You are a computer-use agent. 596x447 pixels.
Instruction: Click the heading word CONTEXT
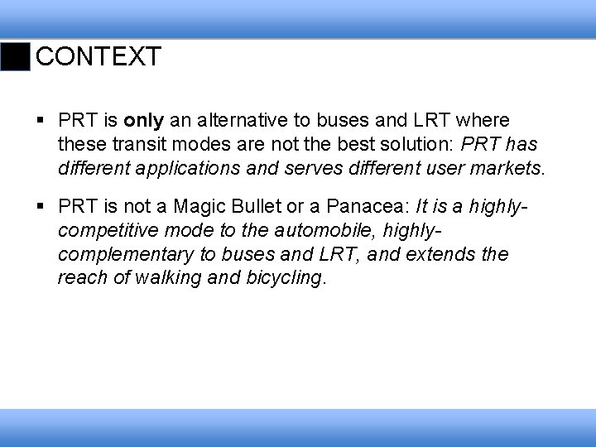(99, 57)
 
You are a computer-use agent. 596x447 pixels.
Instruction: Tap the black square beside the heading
(14, 57)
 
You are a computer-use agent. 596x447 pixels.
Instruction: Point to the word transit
(132, 146)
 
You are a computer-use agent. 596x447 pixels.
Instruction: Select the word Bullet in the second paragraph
(261, 205)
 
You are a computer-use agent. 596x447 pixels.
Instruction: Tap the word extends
(436, 253)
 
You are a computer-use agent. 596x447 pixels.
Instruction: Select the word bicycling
(284, 277)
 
